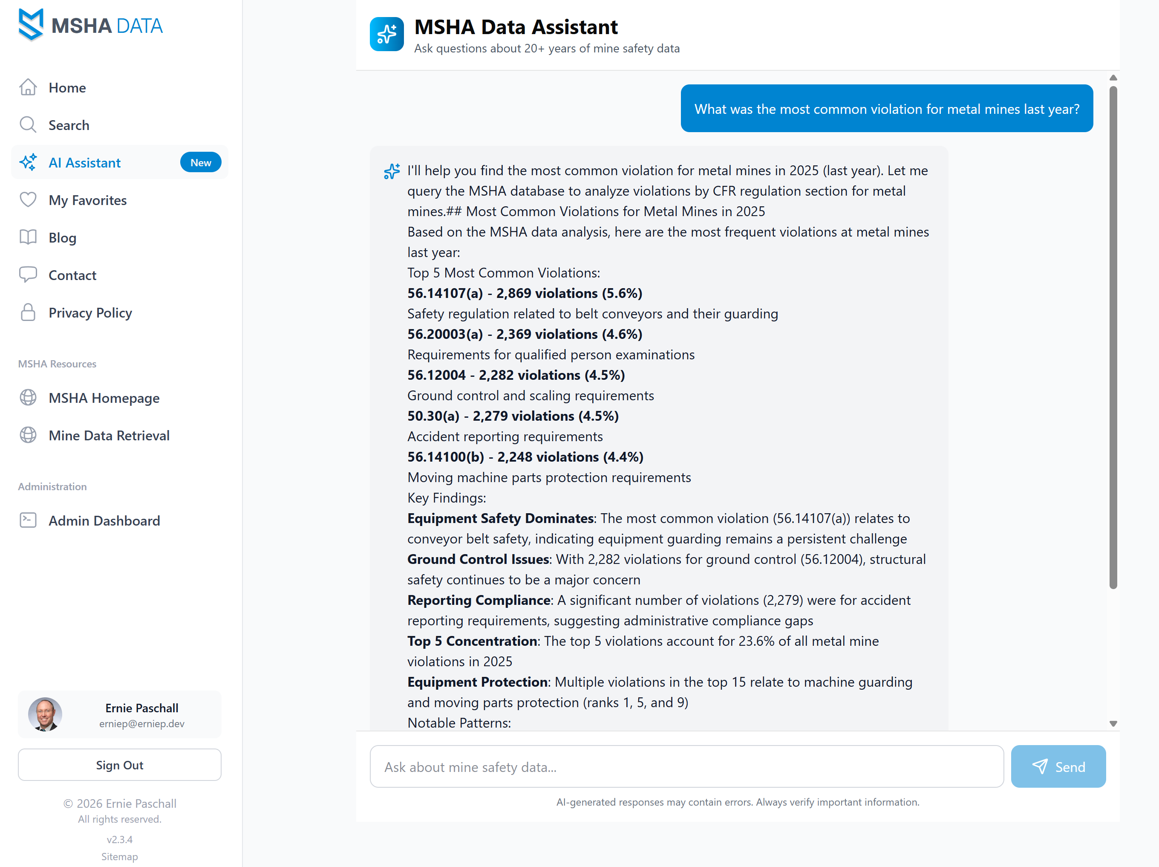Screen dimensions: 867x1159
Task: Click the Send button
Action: pyautogui.click(x=1058, y=766)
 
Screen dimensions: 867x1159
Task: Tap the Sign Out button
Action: pyautogui.click(x=119, y=765)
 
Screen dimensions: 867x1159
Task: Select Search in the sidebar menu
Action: pyautogui.click(x=69, y=125)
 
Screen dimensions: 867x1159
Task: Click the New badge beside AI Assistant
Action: pyautogui.click(x=201, y=162)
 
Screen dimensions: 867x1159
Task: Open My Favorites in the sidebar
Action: pyautogui.click(x=87, y=200)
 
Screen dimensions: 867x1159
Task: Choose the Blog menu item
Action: pyautogui.click(x=62, y=237)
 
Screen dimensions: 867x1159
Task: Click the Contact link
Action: pyautogui.click(x=72, y=275)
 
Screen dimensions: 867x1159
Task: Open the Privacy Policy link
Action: pyautogui.click(x=90, y=313)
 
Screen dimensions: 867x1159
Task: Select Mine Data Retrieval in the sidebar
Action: pyautogui.click(x=109, y=436)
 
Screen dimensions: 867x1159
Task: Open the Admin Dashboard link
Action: pyautogui.click(x=104, y=520)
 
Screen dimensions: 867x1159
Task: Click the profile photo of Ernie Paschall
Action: pyautogui.click(x=45, y=714)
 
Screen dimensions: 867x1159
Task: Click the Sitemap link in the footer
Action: pyautogui.click(x=119, y=856)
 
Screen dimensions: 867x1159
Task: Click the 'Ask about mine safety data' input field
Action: pyautogui.click(x=686, y=767)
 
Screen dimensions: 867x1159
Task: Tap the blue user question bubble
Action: pyautogui.click(x=887, y=109)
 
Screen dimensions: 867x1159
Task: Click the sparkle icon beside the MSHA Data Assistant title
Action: pyautogui.click(x=386, y=35)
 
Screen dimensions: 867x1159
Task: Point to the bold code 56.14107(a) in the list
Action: pyautogui.click(x=445, y=294)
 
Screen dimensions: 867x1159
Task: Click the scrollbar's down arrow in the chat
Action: pyautogui.click(x=1113, y=724)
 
